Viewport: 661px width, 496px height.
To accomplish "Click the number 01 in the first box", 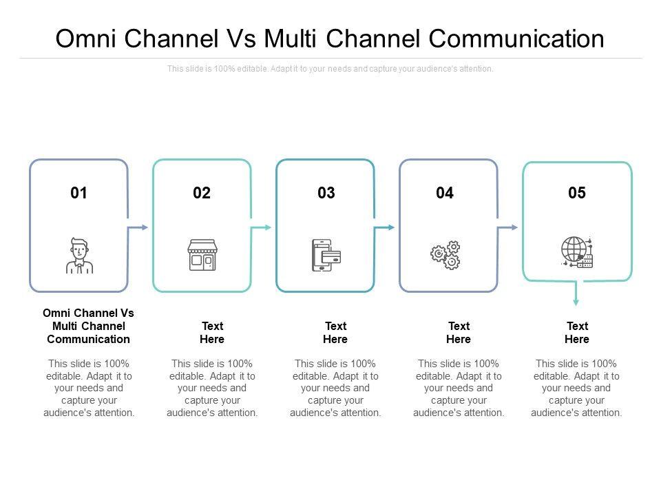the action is (78, 193).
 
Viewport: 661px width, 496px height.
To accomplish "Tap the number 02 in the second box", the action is (202, 193).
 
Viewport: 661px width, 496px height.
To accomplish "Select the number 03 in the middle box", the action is (326, 193).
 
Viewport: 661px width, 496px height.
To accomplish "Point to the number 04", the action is (445, 193).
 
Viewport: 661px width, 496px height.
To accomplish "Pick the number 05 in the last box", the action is (577, 193).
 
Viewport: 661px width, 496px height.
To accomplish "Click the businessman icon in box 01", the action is (79, 256).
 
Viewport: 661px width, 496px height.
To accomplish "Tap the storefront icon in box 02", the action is (202, 255).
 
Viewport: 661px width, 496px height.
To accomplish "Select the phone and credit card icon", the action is (326, 255).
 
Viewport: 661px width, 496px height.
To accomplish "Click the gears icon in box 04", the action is (445, 255).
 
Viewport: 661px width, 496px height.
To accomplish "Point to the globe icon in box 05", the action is (577, 252).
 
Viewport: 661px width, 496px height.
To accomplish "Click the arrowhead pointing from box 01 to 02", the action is (145, 227).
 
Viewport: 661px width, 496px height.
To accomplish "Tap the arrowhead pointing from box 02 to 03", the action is (268, 227).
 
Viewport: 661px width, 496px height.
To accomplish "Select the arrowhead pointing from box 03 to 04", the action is (391, 227).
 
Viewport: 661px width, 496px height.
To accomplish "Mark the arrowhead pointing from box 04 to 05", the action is (514, 227).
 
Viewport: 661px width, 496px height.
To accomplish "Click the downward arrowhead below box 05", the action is (576, 302).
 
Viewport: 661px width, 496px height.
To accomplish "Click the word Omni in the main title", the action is (86, 39).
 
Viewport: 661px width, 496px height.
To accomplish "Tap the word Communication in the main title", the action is (516, 39).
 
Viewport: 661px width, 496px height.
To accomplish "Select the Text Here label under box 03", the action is (335, 332).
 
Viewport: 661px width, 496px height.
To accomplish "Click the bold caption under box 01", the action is (89, 326).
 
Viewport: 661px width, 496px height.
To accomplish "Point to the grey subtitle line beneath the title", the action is (330, 69).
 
